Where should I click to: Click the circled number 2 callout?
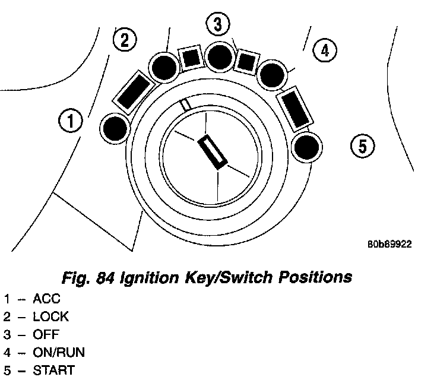(124, 40)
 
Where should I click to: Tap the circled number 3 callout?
(218, 25)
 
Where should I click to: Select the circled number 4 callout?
(324, 50)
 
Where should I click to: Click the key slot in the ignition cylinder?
(212, 152)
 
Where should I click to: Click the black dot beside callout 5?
(307, 145)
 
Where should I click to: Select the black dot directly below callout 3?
(220, 57)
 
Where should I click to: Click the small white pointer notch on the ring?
(186, 104)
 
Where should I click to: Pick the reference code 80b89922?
(389, 243)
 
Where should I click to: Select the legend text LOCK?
(50, 316)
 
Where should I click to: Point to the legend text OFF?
(46, 334)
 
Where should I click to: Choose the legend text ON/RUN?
(58, 352)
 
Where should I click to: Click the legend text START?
(53, 370)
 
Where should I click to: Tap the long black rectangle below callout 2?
(134, 91)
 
